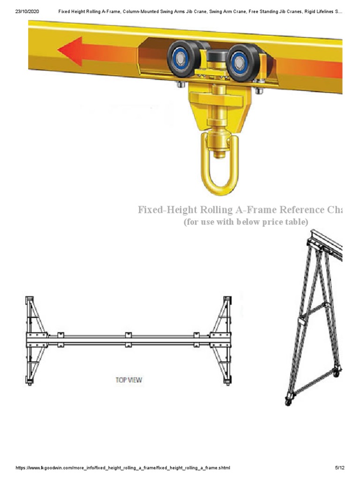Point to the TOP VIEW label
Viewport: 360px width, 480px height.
[x=128, y=380]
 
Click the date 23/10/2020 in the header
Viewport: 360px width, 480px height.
[x=27, y=11]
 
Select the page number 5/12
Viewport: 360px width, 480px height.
[x=340, y=468]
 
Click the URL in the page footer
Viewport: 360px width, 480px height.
[x=123, y=468]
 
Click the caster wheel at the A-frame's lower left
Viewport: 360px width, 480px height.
[x=288, y=401]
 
